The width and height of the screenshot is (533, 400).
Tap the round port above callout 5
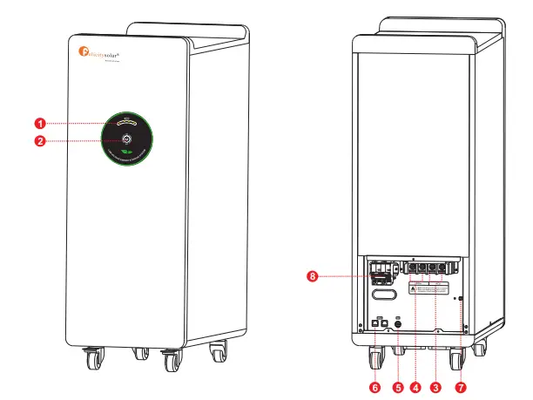click(398, 323)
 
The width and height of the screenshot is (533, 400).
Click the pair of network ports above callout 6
click(379, 323)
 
